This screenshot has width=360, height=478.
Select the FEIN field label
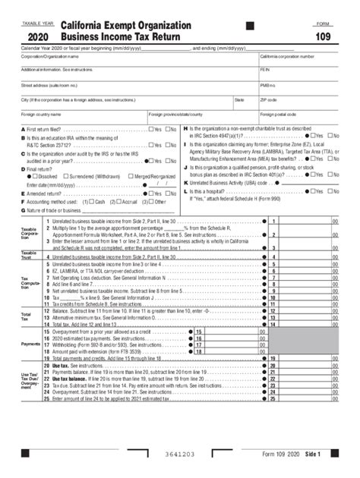265,70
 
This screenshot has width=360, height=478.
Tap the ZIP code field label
268,99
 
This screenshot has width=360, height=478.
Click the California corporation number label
287,56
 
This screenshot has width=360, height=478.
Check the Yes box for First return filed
151,129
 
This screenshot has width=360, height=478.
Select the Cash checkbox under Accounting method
92,201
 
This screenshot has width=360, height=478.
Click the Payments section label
30,344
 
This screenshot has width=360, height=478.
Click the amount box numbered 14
305,324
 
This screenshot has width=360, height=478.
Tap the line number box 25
272,398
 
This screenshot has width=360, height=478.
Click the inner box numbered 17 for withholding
199,344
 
